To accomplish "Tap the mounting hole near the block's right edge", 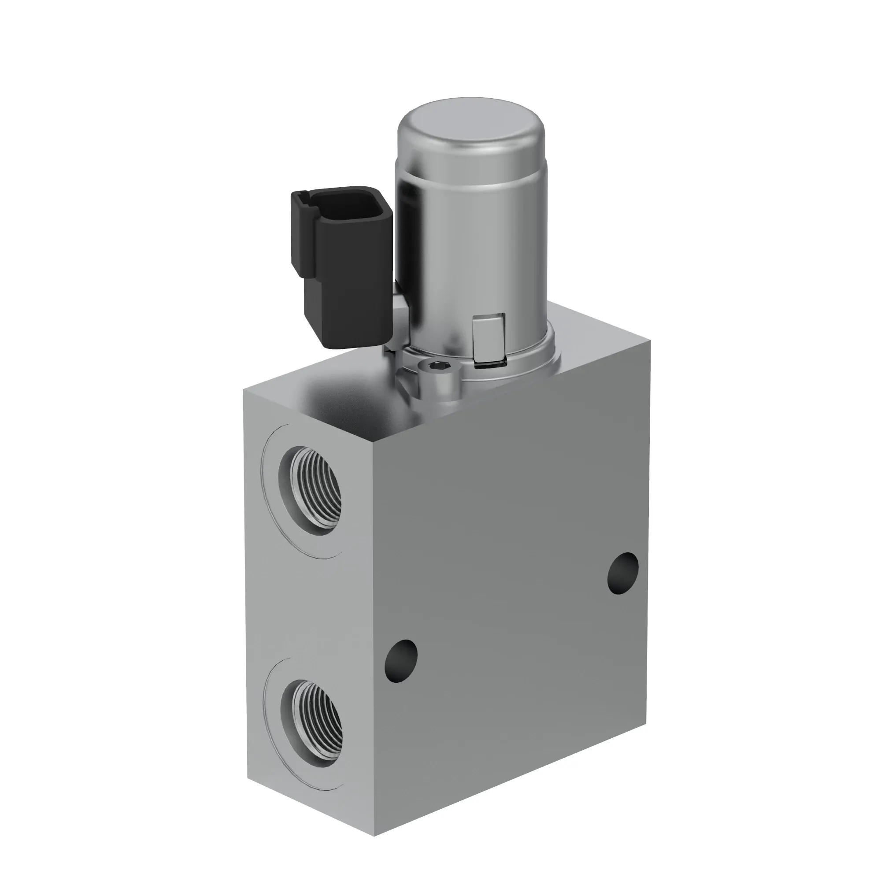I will tap(623, 574).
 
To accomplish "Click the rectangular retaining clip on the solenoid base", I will tap(489, 337).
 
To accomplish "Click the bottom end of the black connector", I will tap(353, 344).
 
